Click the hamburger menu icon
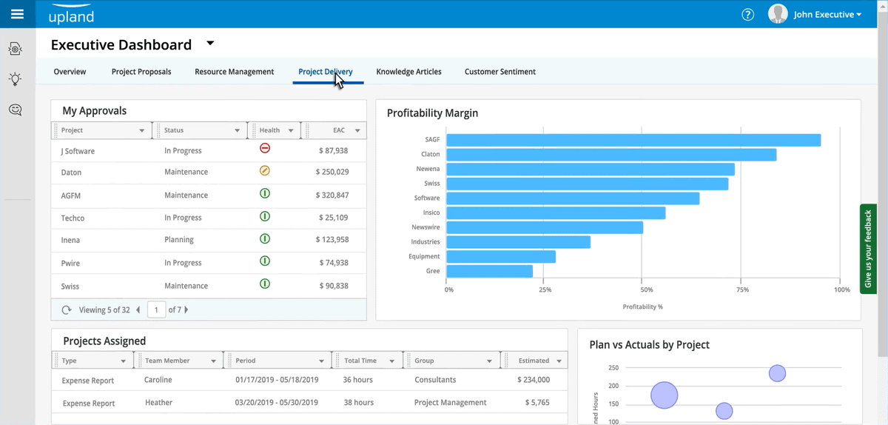(x=17, y=14)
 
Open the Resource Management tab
(x=234, y=72)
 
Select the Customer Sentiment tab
(x=499, y=72)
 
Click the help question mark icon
(x=747, y=15)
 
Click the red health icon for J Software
(x=265, y=148)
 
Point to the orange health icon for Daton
(x=265, y=171)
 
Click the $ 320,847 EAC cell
(x=332, y=195)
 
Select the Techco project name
(x=73, y=218)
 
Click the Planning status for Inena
(x=179, y=240)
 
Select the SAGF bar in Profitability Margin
(x=633, y=140)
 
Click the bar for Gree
(x=489, y=271)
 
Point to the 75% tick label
(x=743, y=290)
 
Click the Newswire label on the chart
(x=425, y=227)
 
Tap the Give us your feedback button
(x=868, y=248)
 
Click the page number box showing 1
(x=156, y=309)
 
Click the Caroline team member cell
(x=158, y=380)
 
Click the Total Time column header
(x=360, y=361)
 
